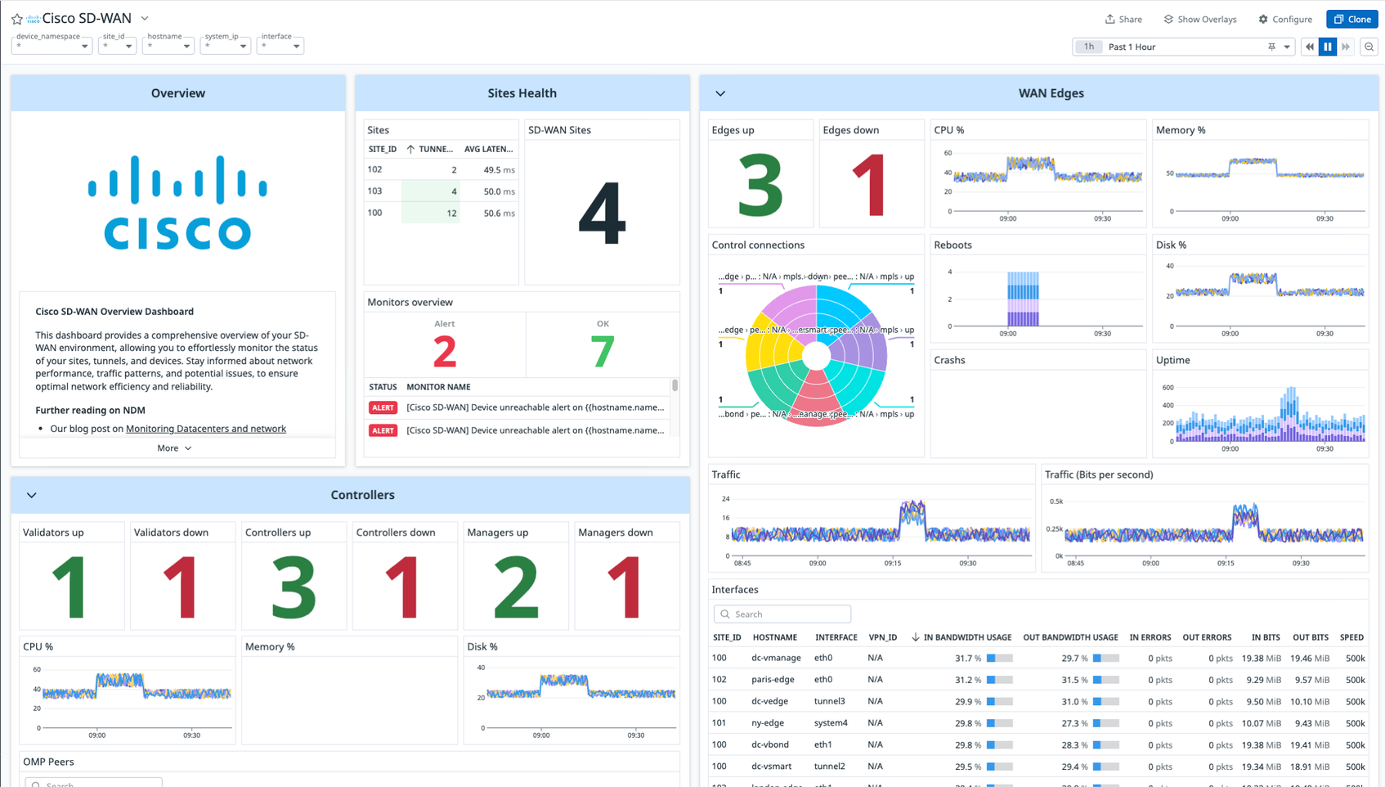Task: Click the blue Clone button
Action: pos(1352,19)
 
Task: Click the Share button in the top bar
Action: pos(1123,19)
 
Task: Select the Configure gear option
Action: pos(1285,19)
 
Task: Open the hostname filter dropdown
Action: pos(168,46)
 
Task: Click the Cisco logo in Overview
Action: pos(177,202)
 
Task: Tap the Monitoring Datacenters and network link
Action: pos(205,429)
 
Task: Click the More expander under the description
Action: pos(174,448)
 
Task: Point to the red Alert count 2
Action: pos(444,352)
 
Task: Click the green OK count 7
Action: pos(603,352)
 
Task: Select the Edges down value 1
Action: pos(870,187)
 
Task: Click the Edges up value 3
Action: pos(760,187)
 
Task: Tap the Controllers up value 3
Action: pos(293,587)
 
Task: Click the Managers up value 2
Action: pos(515,587)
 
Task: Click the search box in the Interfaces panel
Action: pos(782,614)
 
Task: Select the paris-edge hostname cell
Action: pos(773,680)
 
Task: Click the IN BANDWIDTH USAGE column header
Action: pos(967,637)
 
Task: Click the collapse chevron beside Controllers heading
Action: pos(32,495)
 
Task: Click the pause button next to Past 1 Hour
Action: pos(1328,47)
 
